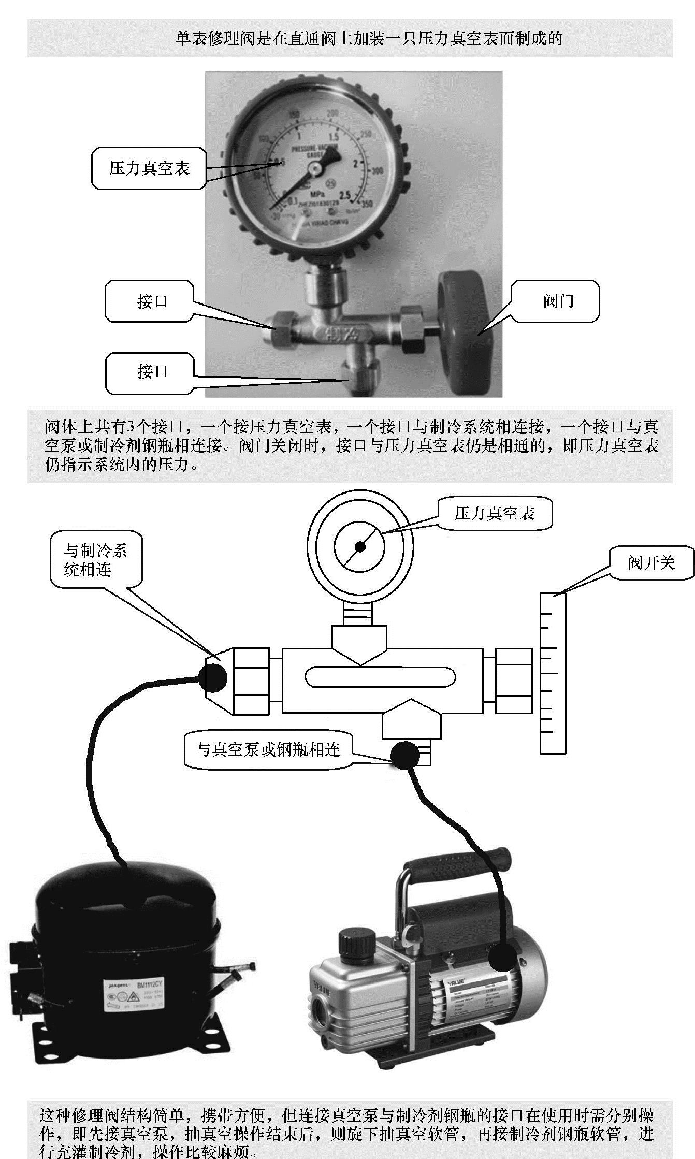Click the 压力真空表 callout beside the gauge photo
[x=149, y=168]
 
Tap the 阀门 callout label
[x=558, y=301]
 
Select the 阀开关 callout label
[x=651, y=562]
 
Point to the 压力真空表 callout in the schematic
[x=495, y=514]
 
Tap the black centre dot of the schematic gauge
[x=360, y=547]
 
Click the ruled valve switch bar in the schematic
[x=553, y=673]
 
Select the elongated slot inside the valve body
[x=380, y=677]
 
